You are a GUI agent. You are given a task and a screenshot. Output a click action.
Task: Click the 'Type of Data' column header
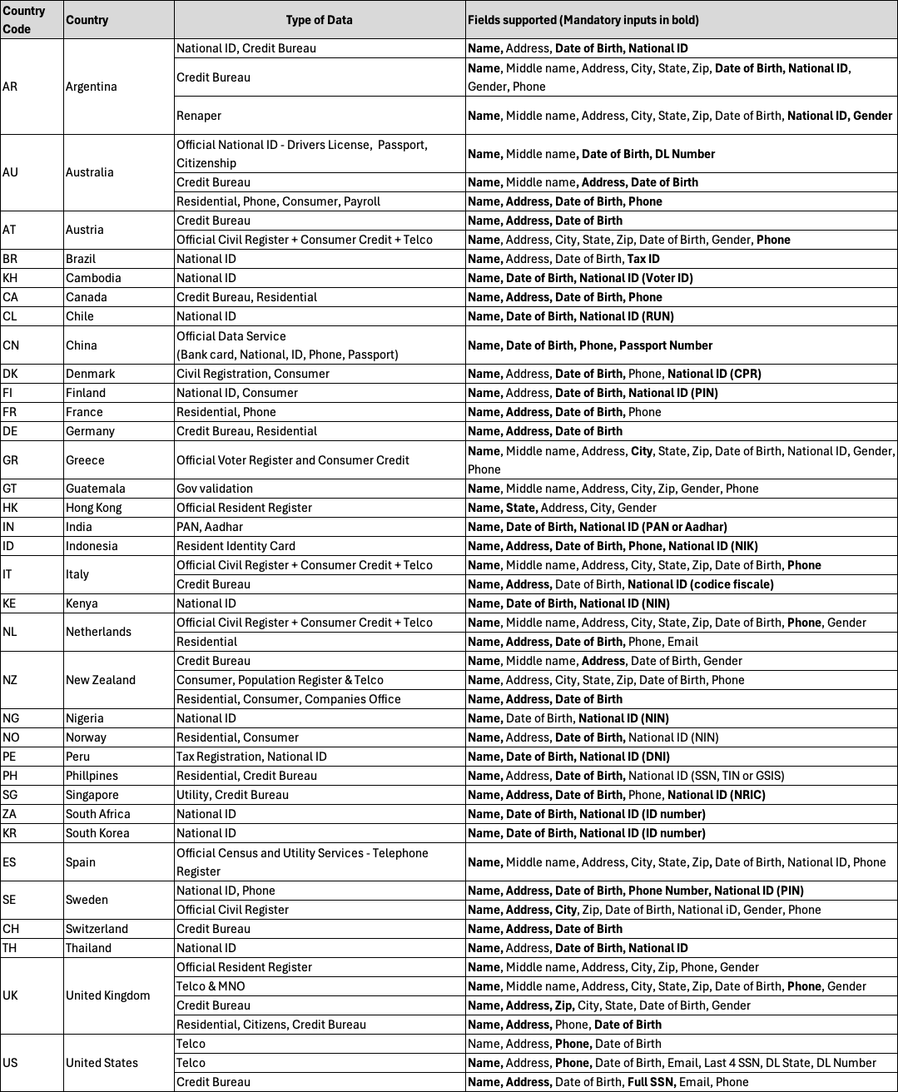pyautogui.click(x=319, y=20)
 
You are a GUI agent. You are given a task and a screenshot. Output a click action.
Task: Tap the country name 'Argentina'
pyautogui.click(x=92, y=87)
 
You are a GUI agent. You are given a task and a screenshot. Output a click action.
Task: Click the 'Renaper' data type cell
pyautogui.click(x=199, y=116)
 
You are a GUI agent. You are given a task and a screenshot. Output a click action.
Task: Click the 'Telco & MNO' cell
pyautogui.click(x=211, y=986)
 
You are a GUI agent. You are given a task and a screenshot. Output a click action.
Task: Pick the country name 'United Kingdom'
pyautogui.click(x=108, y=995)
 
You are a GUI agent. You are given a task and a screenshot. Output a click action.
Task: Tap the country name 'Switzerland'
pyautogui.click(x=97, y=929)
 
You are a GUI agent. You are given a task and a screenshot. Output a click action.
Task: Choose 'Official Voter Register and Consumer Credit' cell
pyautogui.click(x=293, y=460)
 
